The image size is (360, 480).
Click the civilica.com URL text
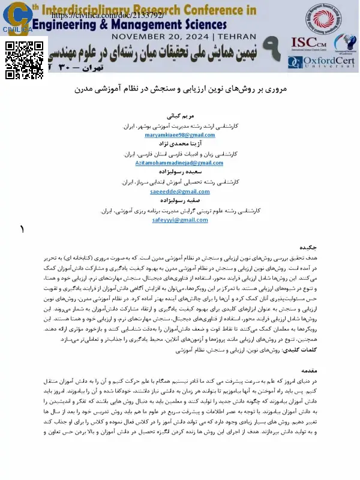[x=108, y=14]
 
